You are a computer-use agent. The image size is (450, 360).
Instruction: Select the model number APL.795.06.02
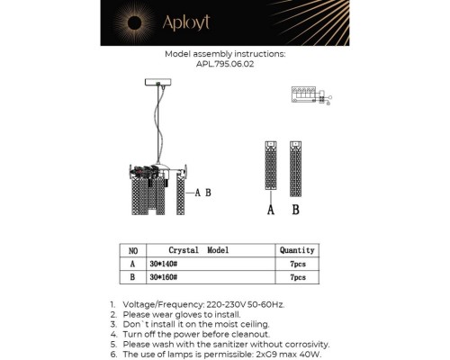click(225, 64)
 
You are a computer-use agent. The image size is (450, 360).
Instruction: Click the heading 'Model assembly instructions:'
click(225, 54)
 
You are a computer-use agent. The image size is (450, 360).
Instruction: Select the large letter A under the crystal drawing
click(270, 210)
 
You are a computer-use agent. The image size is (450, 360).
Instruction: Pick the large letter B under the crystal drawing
click(295, 210)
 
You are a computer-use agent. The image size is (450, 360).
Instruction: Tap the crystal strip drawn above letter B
click(295, 166)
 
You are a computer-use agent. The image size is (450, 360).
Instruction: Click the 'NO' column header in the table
click(132, 250)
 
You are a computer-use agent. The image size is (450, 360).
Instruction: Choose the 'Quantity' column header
click(297, 250)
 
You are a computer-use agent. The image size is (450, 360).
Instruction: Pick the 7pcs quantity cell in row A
click(297, 265)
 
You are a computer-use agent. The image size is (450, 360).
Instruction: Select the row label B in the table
click(132, 279)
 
